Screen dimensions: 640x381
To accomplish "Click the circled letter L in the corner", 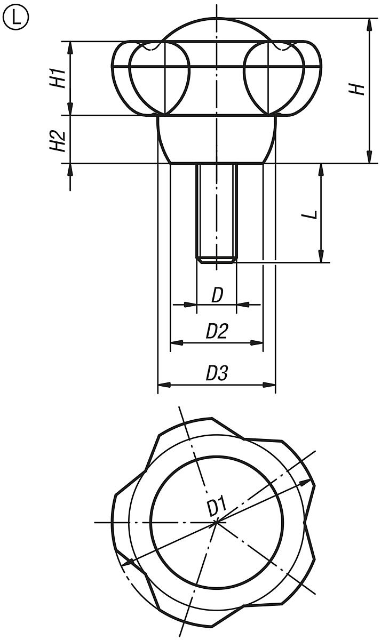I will [x=17, y=19].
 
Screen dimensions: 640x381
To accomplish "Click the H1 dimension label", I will [x=60, y=78].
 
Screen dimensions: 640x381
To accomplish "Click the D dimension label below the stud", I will [x=217, y=295].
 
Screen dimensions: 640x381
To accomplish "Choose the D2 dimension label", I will [x=217, y=332].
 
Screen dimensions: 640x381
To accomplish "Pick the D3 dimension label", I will [x=217, y=373].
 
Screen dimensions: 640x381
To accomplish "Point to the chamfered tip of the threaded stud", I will [x=216, y=260].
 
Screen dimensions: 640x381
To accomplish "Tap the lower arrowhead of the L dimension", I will [x=321, y=257].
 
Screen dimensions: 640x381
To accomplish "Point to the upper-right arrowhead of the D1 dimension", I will [x=305, y=482].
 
